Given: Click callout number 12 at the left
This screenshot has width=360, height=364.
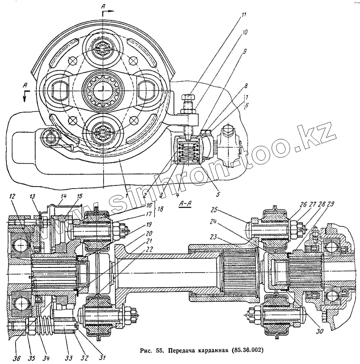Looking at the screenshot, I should (12, 197).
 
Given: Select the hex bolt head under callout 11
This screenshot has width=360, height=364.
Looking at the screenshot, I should (188, 97).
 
